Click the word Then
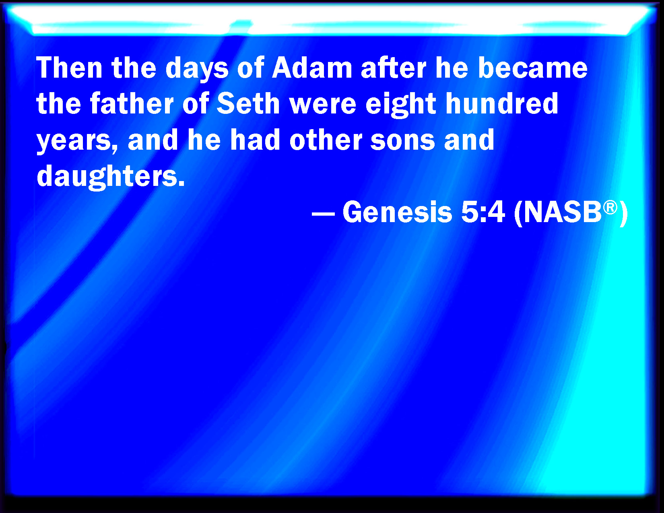(x=69, y=68)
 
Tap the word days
(x=197, y=70)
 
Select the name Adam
(x=312, y=68)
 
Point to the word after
(x=393, y=68)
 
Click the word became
(x=532, y=68)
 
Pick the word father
(x=132, y=103)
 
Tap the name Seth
(x=248, y=103)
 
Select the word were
(x=323, y=106)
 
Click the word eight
(x=401, y=105)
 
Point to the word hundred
(x=502, y=103)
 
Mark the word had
(x=255, y=139)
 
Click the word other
(x=326, y=139)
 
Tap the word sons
(x=402, y=142)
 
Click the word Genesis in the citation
(x=397, y=212)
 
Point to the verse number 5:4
(x=483, y=212)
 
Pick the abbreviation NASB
(x=563, y=212)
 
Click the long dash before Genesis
(x=323, y=214)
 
